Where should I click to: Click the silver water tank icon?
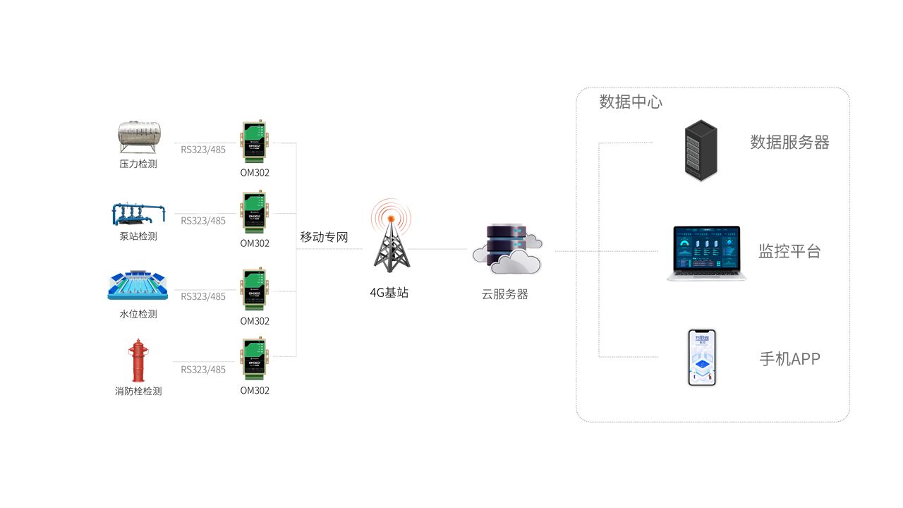(x=139, y=137)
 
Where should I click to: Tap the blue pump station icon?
(x=139, y=214)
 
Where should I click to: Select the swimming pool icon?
(x=138, y=287)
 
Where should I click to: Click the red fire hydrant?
(x=137, y=361)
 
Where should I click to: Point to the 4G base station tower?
(x=391, y=240)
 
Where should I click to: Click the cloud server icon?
(x=507, y=250)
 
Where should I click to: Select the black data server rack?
(x=701, y=150)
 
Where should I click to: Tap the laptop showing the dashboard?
(x=706, y=253)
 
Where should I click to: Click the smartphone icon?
(x=701, y=358)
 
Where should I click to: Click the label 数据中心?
(x=631, y=102)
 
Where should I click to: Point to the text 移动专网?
(x=325, y=237)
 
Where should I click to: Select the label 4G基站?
(x=389, y=293)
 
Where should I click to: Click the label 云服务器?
(x=505, y=295)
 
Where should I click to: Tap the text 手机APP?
(x=789, y=358)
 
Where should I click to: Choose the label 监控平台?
(x=789, y=251)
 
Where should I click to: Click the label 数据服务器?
(x=789, y=143)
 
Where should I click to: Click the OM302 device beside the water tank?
(x=255, y=141)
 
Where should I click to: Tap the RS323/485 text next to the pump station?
(x=203, y=221)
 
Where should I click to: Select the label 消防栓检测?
(x=138, y=391)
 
